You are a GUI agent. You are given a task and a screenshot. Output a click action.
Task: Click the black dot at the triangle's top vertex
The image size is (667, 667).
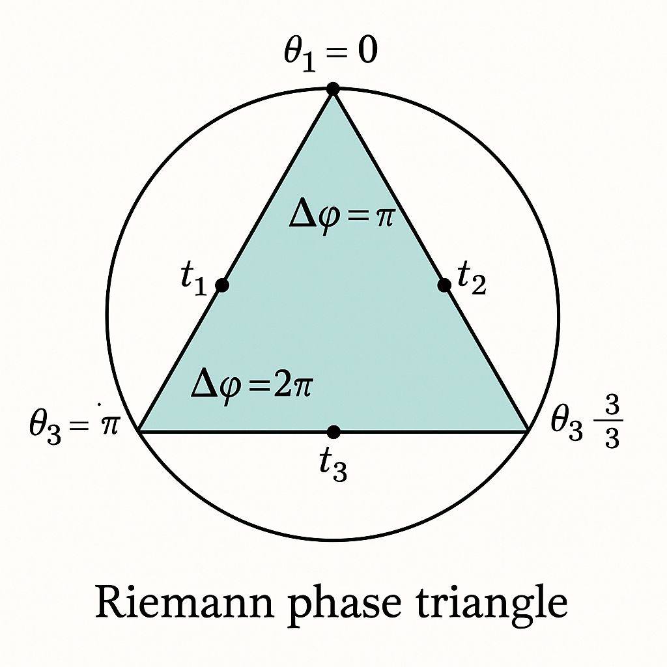[333, 89]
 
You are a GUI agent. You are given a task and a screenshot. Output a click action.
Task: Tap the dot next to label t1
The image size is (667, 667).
[222, 285]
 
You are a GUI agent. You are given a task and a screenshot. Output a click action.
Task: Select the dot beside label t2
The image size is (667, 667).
[444, 285]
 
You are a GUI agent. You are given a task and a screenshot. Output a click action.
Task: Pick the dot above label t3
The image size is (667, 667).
[333, 431]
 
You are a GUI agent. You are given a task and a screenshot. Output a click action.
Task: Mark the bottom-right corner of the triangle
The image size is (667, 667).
[527, 431]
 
